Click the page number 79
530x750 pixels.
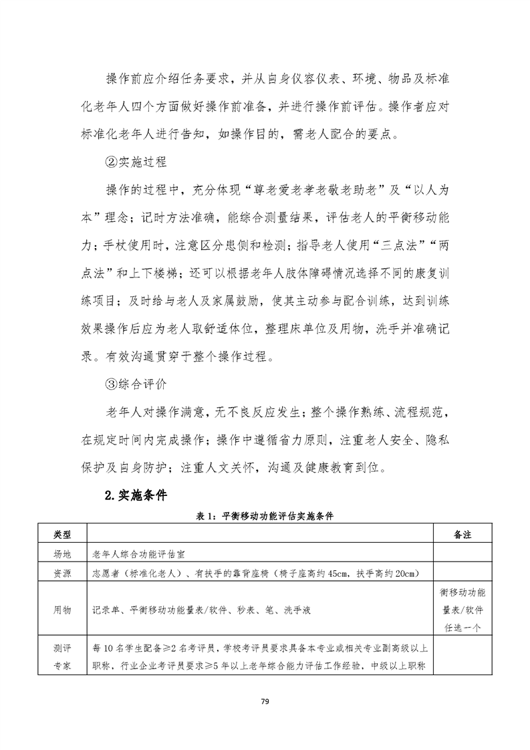coord(265,701)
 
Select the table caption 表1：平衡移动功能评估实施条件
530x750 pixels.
coord(264,517)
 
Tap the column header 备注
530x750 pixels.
coord(462,535)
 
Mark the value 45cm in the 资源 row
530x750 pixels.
coord(321,572)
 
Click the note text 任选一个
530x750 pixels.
coord(462,628)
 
